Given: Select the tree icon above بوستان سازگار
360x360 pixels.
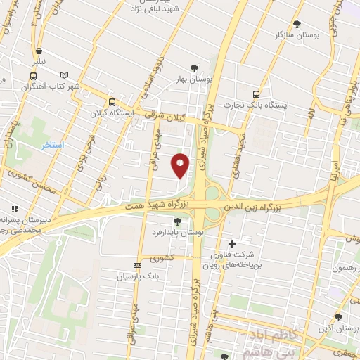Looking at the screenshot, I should pyautogui.click(x=296, y=23).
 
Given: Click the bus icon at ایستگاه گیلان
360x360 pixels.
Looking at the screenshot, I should pyautogui.click(x=110, y=100).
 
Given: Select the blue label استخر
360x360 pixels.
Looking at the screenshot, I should pyautogui.click(x=52, y=145).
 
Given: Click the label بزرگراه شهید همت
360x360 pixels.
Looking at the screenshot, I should pyautogui.click(x=161, y=204).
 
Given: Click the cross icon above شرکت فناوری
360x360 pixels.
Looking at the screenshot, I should pyautogui.click(x=233, y=244).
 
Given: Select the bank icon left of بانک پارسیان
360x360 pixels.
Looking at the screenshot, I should pyautogui.click(x=136, y=265).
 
